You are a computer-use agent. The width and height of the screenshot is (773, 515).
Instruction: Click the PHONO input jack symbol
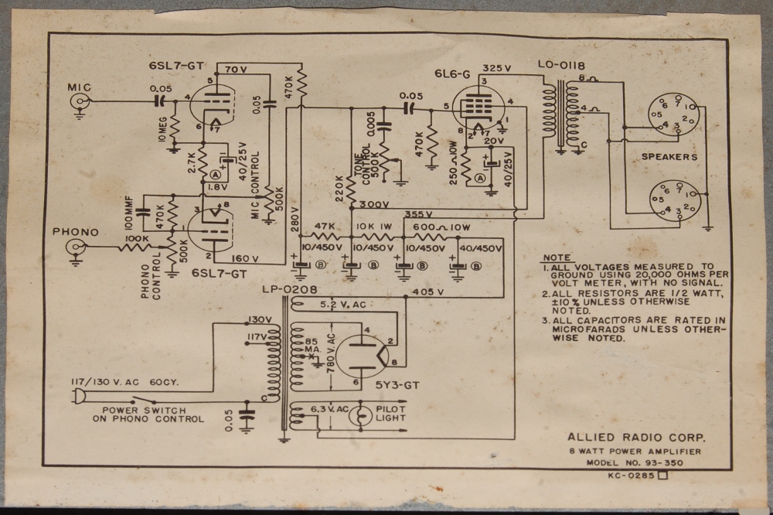76,248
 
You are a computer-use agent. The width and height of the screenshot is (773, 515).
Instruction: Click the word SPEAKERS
669,157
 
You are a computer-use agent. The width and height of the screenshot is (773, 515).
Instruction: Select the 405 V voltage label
428,292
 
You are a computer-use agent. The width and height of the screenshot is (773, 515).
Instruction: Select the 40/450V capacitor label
482,248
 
